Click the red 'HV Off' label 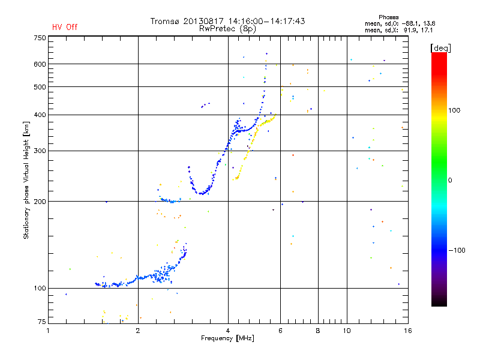[65, 27]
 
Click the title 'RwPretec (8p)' [227, 28]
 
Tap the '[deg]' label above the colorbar [440, 47]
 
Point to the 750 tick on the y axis [40, 38]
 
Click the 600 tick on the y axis [40, 64]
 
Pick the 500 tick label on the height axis [40, 87]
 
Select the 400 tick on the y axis [40, 115]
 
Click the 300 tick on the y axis [40, 151]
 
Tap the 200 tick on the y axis [40, 202]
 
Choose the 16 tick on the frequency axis [407, 331]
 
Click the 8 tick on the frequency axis [318, 331]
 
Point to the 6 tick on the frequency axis [281, 331]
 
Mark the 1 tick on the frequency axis [49, 331]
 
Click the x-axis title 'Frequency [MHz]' [227, 339]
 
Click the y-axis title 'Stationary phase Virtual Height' [26, 180]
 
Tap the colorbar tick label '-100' [460, 250]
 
